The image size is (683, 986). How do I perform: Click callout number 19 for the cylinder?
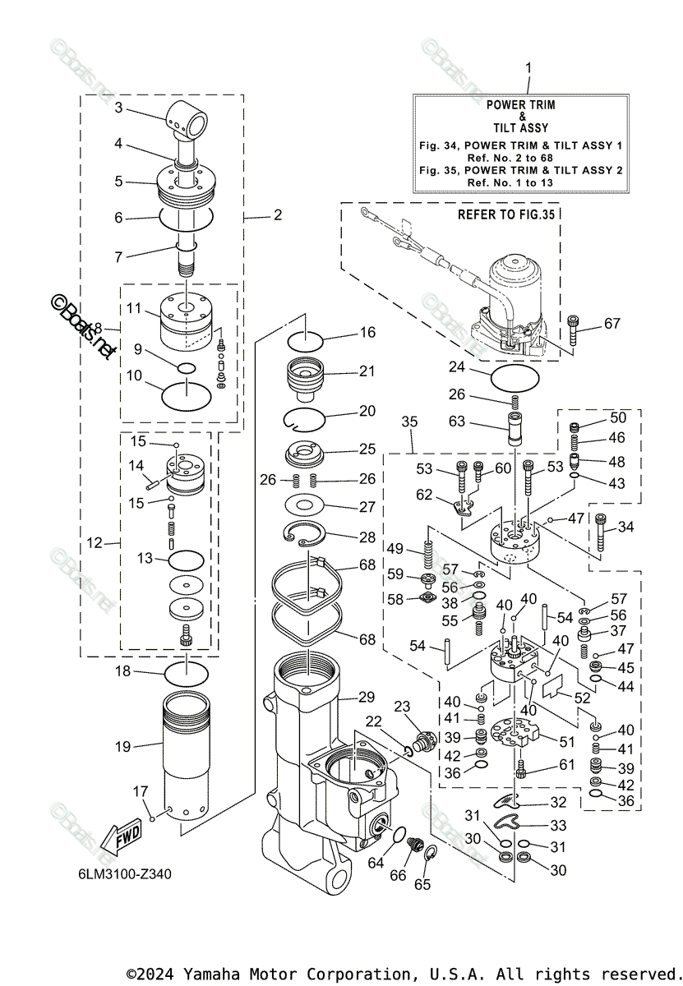122,747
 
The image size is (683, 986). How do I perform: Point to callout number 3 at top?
118,107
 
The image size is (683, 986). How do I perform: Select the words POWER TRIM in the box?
520,105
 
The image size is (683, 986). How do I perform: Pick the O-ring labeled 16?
309,339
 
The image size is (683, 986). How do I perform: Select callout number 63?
458,422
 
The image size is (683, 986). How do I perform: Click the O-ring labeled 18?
187,674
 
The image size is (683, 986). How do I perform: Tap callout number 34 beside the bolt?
625,526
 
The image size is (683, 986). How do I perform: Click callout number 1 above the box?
528,68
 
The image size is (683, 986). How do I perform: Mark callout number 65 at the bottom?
421,884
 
